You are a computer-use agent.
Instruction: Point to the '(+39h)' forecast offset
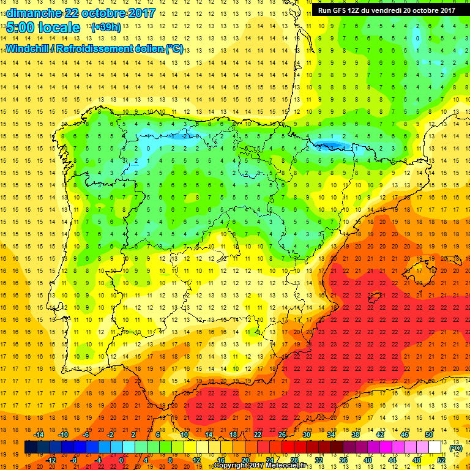105,28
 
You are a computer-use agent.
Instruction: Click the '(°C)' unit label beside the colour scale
455,449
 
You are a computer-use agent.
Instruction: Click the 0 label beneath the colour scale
121,460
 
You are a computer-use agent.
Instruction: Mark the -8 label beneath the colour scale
74,460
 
